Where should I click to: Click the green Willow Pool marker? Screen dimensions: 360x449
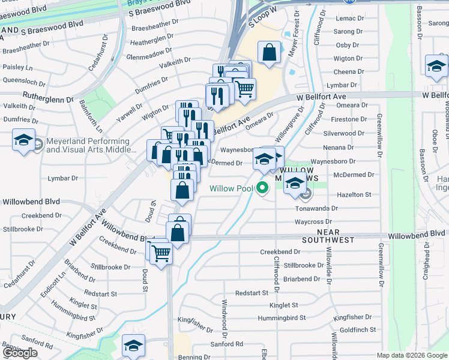[262, 188]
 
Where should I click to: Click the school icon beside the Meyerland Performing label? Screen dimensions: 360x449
[23, 142]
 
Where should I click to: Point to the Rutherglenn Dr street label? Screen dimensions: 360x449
[47, 95]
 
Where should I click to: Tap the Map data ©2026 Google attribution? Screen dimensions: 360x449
[411, 355]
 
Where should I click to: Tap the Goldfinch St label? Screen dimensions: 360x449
[358, 330]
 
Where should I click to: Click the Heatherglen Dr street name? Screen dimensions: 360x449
[152, 43]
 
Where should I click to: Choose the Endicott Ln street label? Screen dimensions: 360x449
[62, 284]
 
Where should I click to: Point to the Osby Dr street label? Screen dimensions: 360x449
[347, 45]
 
